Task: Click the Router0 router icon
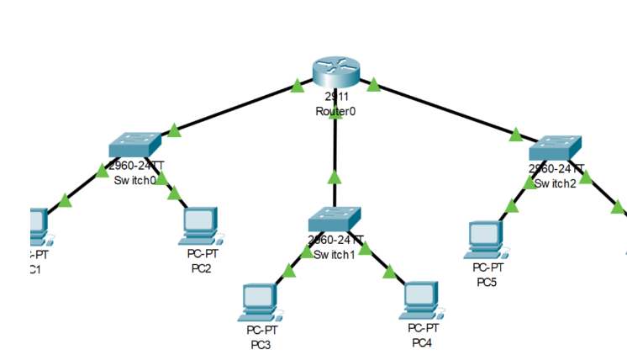pyautogui.click(x=336, y=71)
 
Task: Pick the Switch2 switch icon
pyautogui.click(x=556, y=148)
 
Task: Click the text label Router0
pyautogui.click(x=335, y=111)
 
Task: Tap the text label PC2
pyautogui.click(x=202, y=268)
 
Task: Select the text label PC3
pyautogui.click(x=261, y=344)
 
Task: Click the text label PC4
pyautogui.click(x=422, y=342)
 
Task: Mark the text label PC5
pyautogui.click(x=487, y=282)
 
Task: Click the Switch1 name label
pyautogui.click(x=335, y=254)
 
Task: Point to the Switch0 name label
pyautogui.click(x=134, y=180)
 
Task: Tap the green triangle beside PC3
pyautogui.click(x=289, y=271)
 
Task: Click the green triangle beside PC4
pyautogui.click(x=389, y=271)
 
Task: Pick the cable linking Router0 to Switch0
pyautogui.click(x=235, y=108)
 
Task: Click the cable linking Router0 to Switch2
pyautogui.click(x=445, y=109)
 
